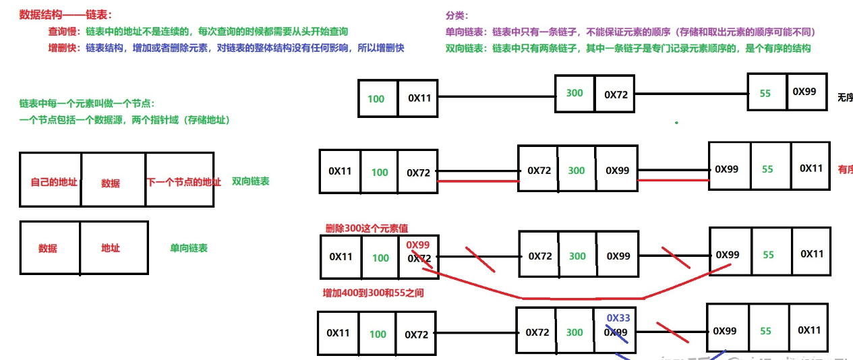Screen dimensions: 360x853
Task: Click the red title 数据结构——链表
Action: click(x=65, y=14)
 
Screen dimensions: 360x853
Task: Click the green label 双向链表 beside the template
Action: click(x=250, y=181)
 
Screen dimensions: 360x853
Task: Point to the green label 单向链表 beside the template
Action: click(x=189, y=248)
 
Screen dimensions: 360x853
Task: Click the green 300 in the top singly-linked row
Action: click(x=575, y=93)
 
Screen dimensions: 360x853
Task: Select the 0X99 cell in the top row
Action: click(x=804, y=91)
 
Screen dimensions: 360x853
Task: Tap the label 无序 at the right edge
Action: click(x=844, y=98)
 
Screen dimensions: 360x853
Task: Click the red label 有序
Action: click(x=845, y=169)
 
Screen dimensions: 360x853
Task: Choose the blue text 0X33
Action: click(x=618, y=318)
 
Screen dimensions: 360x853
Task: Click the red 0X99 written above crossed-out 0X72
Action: click(x=418, y=245)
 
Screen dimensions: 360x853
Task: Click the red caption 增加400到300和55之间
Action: click(x=373, y=293)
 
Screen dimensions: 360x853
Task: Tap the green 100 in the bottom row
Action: click(x=378, y=334)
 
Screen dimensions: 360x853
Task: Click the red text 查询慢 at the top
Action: click(x=63, y=32)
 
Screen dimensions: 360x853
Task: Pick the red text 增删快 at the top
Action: click(x=63, y=48)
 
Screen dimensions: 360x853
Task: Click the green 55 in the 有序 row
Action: click(x=767, y=169)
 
